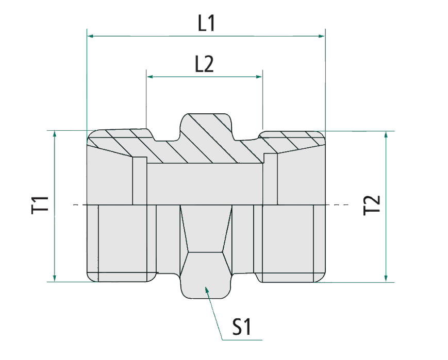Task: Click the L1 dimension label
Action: (x=206, y=23)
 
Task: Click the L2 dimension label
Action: (x=204, y=64)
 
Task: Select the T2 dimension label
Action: (x=372, y=205)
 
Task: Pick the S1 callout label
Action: (x=241, y=327)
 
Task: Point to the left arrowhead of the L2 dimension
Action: (x=150, y=77)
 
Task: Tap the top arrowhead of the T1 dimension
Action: (x=54, y=134)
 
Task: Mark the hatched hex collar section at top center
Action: (x=206, y=129)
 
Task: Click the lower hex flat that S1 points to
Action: (x=206, y=273)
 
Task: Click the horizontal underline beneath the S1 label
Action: (x=242, y=340)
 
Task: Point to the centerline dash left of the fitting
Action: (x=76, y=205)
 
